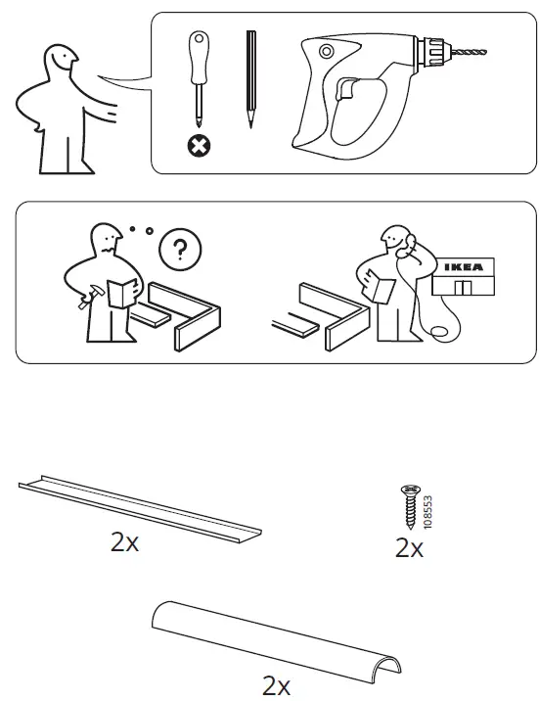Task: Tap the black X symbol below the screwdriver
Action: point(200,147)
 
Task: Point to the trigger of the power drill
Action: point(344,91)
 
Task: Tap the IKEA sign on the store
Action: point(466,266)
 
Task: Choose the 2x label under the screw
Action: point(409,549)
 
